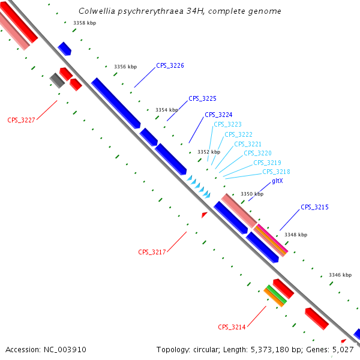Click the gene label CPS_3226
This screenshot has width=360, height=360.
170,66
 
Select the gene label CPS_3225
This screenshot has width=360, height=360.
202,98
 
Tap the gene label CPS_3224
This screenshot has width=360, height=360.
218,115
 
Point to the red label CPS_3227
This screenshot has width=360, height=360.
21,120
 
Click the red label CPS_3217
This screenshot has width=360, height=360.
152,252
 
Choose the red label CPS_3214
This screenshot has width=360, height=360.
232,327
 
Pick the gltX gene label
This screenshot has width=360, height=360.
277,181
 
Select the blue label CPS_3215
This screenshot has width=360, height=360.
314,207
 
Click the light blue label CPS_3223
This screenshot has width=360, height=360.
227,125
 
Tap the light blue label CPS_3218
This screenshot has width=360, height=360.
276,172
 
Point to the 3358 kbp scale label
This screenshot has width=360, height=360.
85,23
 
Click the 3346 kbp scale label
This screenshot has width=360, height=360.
340,275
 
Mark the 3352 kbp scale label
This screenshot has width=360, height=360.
209,152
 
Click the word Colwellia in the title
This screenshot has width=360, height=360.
97,12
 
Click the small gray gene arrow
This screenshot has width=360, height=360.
57,80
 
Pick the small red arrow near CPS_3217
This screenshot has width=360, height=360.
204,214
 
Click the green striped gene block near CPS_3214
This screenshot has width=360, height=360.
276,293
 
